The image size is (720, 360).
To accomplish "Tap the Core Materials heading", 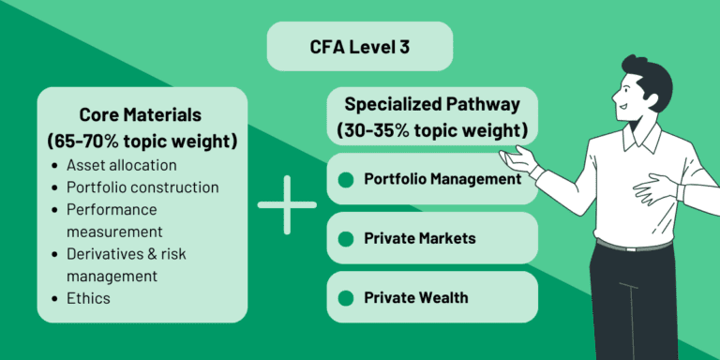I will (142, 115).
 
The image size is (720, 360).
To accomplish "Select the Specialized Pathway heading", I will (432, 104).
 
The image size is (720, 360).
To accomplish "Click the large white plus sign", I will (287, 204).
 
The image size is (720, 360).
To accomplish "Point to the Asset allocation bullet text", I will (121, 165).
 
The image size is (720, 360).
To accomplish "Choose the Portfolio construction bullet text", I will (142, 187).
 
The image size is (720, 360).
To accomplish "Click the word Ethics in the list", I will (88, 298).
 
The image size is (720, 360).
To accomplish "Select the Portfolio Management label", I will (442, 178).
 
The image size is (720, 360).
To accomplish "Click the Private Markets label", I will (419, 238).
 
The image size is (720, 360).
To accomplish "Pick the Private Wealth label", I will (416, 298).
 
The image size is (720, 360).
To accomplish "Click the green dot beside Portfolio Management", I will (346, 179).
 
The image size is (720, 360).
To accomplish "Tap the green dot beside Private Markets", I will (346, 239).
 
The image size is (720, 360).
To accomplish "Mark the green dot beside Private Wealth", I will (346, 299).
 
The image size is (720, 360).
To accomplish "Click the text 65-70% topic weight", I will (142, 142).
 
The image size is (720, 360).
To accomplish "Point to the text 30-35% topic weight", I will (432, 128).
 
